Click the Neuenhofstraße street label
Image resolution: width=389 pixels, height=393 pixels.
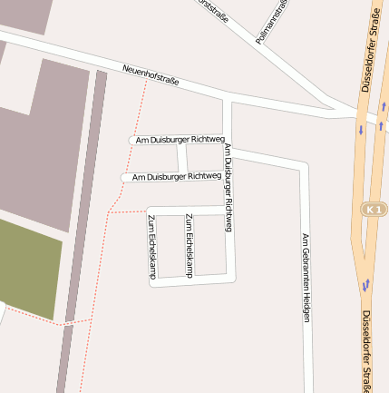(151, 74)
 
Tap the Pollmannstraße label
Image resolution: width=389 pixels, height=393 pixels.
(273, 22)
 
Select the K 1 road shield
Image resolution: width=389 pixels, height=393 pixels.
(374, 210)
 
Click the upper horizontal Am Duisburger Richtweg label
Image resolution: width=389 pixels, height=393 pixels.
(180, 140)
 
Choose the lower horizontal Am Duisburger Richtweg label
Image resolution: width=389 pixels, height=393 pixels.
(176, 176)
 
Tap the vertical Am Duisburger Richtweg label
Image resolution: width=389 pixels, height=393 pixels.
(228, 187)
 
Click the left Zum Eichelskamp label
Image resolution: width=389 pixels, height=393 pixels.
(151, 246)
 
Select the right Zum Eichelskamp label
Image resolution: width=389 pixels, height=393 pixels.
(189, 245)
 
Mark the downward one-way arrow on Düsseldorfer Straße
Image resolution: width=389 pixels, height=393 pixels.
(361, 130)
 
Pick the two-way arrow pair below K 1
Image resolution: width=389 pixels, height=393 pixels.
(365, 285)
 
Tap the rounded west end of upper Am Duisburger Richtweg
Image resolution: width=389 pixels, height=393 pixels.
(131, 140)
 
